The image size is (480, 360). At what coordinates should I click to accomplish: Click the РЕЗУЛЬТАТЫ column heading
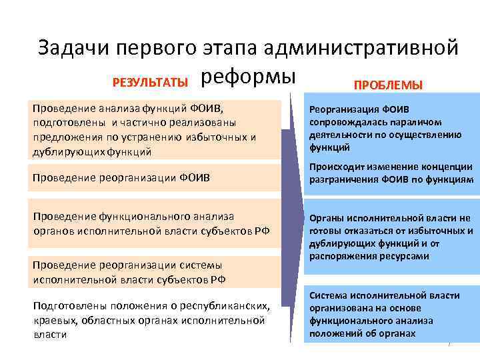(x=150, y=83)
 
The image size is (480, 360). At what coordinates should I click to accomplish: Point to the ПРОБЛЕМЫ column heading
(x=387, y=85)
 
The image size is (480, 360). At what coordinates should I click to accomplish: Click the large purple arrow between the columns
(x=292, y=213)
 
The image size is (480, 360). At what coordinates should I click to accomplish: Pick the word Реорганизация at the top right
(x=343, y=109)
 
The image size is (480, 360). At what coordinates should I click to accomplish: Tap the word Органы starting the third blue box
(x=327, y=218)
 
